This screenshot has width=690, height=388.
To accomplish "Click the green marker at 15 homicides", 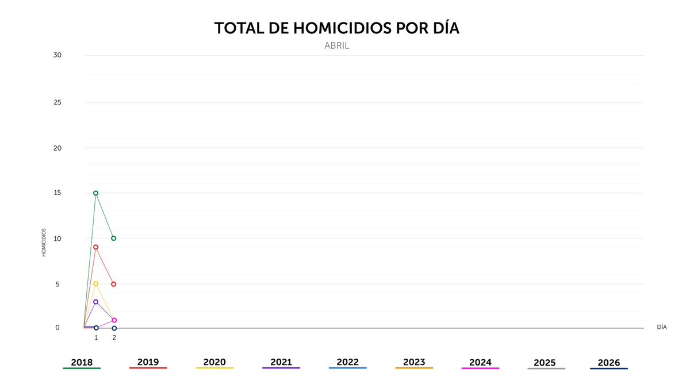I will [95, 193].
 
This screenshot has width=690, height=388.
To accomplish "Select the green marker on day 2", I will [114, 238].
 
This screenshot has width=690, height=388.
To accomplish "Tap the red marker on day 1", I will [95, 247].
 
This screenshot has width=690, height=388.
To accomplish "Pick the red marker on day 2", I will [114, 284].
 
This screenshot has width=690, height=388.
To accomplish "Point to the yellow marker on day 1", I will [95, 283].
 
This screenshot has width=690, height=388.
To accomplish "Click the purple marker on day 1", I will [95, 302].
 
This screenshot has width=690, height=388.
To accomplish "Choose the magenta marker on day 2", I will [114, 320].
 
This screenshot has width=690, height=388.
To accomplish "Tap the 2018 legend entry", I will [82, 363].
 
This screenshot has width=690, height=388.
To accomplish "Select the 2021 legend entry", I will [281, 363].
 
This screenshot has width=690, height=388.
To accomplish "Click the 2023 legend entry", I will [414, 363].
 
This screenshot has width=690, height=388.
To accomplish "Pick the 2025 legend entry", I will [545, 363].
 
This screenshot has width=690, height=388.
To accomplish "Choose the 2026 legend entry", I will [609, 363].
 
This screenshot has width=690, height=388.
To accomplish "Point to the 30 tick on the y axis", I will [57, 55].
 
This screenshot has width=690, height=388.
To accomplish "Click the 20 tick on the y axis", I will [57, 148].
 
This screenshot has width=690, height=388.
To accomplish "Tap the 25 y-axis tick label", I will [57, 102].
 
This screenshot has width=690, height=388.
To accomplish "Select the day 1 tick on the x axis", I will [96, 337].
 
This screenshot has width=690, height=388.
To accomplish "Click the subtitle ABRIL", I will [337, 46].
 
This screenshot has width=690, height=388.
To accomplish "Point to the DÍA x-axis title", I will [662, 327].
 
